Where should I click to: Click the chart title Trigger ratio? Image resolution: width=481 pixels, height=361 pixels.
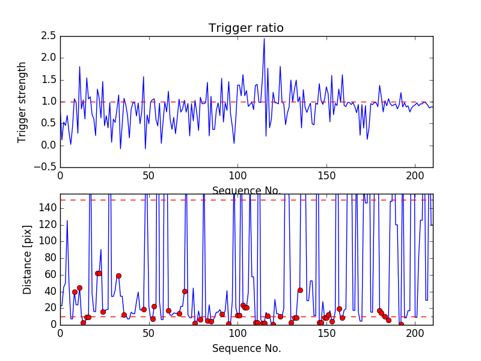coord(246,28)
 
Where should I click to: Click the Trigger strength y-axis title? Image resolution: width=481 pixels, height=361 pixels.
coord(22,102)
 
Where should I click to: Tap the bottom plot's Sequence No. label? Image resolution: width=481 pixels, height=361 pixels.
coord(246,348)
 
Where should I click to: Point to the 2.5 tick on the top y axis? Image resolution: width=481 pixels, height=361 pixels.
coord(49,36)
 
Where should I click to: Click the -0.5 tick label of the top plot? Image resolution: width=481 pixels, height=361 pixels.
coord(47,167)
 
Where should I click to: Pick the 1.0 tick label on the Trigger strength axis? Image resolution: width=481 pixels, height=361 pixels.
coord(49,101)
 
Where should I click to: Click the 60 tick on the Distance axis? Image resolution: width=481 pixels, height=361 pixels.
coord(49,274)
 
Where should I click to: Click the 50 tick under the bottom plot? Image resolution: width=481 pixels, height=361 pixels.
coord(149,332)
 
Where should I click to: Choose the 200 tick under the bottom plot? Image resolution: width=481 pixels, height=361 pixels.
coord(415,332)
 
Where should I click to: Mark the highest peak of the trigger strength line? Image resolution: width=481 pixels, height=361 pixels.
coord(264,39)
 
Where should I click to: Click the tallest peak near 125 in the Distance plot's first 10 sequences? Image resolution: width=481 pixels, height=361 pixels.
coord(67,220)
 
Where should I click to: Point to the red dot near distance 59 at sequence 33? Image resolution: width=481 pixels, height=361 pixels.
coord(118,276)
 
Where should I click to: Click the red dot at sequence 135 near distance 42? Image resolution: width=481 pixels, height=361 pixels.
coord(300,290)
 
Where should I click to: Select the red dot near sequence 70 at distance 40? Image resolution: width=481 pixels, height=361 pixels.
coord(185,291)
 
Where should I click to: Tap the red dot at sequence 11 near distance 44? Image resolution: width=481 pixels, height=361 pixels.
coord(79,288)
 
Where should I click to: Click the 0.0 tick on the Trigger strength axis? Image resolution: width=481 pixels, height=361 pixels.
coord(49,145)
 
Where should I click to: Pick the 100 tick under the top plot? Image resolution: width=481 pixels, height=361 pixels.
coord(237,175)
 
